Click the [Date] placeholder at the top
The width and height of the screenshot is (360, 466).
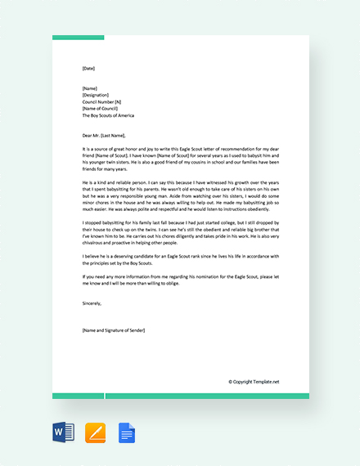(x=88, y=69)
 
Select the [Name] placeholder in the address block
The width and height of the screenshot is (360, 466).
(x=90, y=87)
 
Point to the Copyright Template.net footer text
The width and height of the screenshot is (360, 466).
(x=254, y=381)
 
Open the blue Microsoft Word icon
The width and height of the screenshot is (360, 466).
(x=63, y=432)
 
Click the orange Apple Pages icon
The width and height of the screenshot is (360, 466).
(x=95, y=432)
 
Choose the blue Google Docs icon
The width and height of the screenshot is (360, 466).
(x=126, y=432)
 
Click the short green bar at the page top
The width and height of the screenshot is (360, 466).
(x=78, y=38)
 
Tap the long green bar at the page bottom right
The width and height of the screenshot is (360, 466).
(x=207, y=396)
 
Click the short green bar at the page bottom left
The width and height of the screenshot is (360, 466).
(x=78, y=396)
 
